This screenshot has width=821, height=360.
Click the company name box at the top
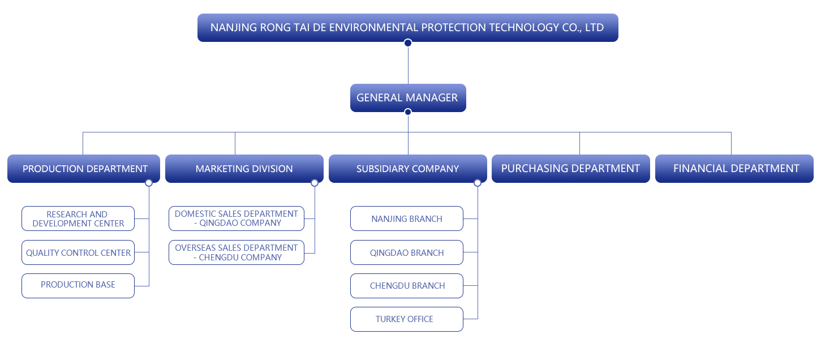tap(407, 27)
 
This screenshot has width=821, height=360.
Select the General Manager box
tap(407, 98)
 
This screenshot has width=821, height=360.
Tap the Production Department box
tap(85, 169)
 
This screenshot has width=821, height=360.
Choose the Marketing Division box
tap(244, 169)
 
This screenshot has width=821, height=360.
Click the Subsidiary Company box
tap(407, 169)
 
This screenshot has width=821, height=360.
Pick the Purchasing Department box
tap(570, 169)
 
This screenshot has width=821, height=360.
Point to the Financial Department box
tap(736, 169)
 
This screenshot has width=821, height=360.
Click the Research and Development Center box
tap(78, 218)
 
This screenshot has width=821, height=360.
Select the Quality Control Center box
tap(78, 252)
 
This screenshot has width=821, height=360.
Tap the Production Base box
tap(78, 285)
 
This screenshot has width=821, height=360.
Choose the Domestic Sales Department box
tap(236, 218)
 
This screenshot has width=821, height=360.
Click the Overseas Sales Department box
tap(236, 252)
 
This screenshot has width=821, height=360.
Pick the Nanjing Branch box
tap(406, 218)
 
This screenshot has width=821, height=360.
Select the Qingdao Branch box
tap(406, 252)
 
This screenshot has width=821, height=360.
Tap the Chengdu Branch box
tap(406, 285)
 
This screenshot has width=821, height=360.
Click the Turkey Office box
tap(406, 319)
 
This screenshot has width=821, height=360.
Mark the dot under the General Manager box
tap(407, 112)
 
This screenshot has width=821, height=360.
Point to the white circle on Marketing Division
tap(315, 183)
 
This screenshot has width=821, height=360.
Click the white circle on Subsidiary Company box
tap(477, 183)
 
